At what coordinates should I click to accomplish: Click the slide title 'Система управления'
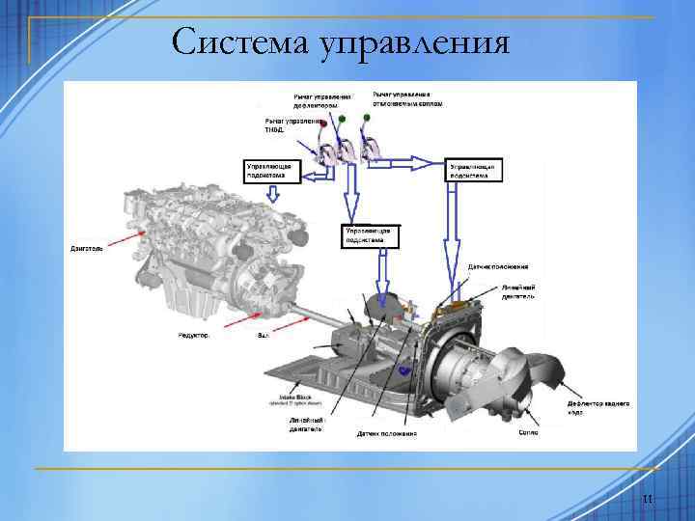click(340, 42)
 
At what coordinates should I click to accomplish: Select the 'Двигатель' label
click(86, 248)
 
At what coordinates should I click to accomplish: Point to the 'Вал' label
click(263, 336)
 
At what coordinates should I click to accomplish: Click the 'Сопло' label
click(528, 433)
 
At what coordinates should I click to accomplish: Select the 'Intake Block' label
click(293, 398)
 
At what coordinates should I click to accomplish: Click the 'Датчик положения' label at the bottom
click(386, 434)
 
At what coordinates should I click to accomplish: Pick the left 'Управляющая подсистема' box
click(273, 171)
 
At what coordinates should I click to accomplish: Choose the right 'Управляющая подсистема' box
click(473, 171)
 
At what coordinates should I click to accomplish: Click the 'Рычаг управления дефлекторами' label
click(322, 99)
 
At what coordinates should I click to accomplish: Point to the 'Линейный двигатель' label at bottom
click(306, 425)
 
